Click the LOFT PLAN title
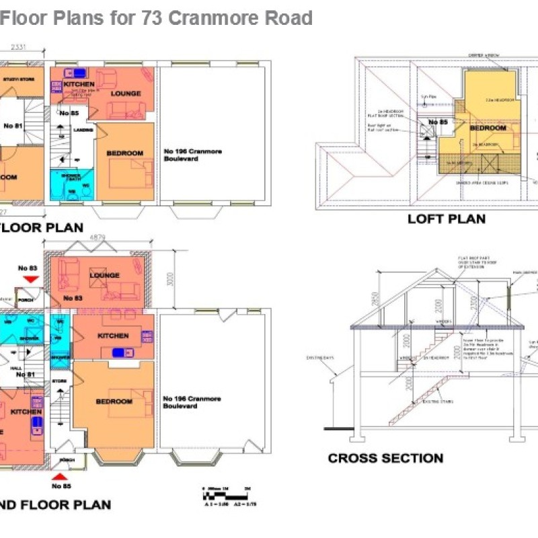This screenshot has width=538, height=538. click(447, 219)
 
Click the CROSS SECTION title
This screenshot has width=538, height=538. click(385, 459)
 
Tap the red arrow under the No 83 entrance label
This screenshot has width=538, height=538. click(30, 279)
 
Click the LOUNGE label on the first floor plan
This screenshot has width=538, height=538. click(124, 93)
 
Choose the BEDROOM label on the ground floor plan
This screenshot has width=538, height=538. click(114, 401)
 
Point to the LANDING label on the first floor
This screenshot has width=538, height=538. click(83, 130)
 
